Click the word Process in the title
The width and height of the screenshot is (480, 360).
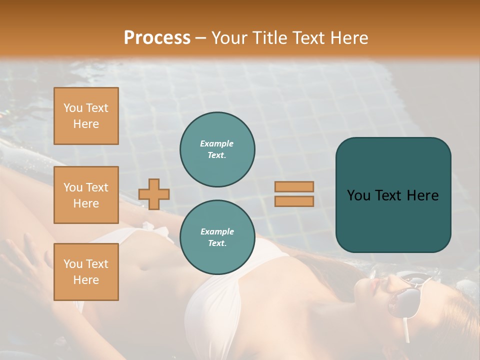click(157, 38)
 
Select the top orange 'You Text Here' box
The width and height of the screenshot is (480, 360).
click(86, 116)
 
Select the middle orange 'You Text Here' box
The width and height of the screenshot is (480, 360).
click(86, 195)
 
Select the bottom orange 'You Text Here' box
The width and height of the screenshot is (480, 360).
click(86, 272)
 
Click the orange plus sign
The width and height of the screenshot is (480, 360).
click(154, 194)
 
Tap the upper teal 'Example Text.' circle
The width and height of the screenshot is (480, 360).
click(217, 149)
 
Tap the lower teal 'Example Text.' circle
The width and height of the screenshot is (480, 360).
click(217, 237)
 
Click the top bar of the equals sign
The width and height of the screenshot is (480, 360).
click(294, 187)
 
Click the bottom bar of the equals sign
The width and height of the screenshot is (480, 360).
click(294, 201)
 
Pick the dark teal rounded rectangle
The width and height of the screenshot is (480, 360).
click(393, 195)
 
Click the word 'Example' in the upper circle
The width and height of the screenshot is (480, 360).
click(217, 143)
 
